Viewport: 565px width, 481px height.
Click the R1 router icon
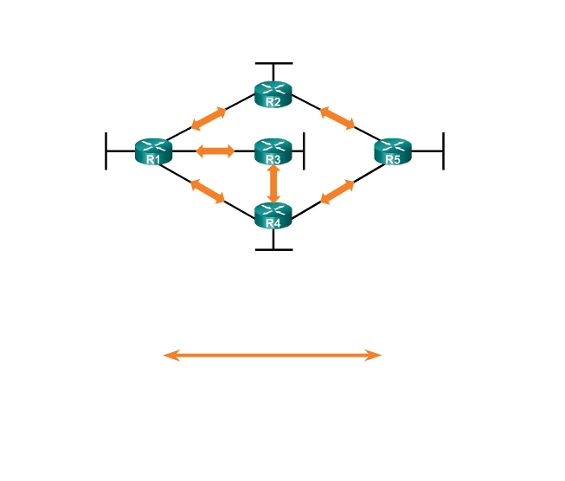click(x=153, y=151)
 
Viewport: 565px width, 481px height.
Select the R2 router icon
click(x=273, y=93)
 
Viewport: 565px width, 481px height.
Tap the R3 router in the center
click(x=273, y=151)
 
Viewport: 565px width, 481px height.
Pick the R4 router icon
click(x=273, y=215)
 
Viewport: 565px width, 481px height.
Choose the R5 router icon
click(x=393, y=151)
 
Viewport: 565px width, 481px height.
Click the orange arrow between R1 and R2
click(x=209, y=119)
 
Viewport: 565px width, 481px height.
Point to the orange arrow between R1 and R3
click(x=215, y=151)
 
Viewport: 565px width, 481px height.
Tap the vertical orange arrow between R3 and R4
click(x=273, y=183)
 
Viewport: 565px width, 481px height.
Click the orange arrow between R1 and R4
click(x=208, y=190)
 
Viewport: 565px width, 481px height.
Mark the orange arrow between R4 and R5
click(x=337, y=192)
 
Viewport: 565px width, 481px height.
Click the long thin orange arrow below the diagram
click(x=273, y=355)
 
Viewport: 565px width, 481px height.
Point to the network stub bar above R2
click(x=273, y=63)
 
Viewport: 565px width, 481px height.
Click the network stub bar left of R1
click(x=106, y=151)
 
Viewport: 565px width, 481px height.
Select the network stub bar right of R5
click(x=443, y=151)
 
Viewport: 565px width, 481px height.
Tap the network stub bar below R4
click(x=273, y=249)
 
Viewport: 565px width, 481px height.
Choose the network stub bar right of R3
click(x=304, y=151)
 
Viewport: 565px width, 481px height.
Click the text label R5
click(x=393, y=160)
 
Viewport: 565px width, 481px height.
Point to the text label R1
click(x=152, y=160)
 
